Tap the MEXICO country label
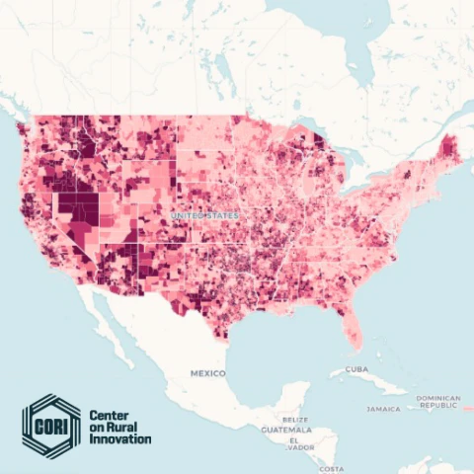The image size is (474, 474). [x=208, y=373]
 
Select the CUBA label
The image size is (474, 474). [x=356, y=370]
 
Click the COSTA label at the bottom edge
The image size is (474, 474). [x=332, y=467]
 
